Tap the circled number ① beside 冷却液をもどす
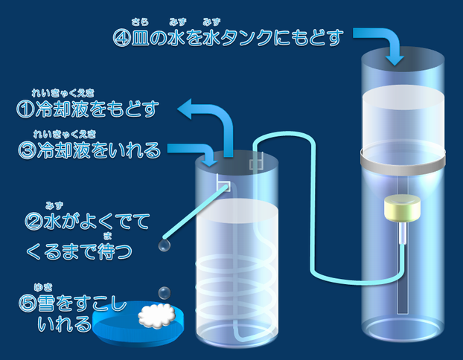click(25, 110)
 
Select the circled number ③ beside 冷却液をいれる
click(25, 150)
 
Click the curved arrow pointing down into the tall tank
click(383, 42)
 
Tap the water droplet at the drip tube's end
click(164, 245)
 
